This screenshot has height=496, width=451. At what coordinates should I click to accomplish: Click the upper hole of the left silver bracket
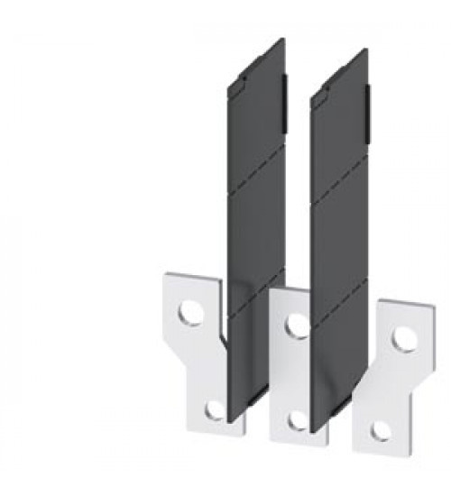(x=189, y=313)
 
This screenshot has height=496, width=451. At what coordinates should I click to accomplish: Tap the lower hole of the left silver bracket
(x=214, y=410)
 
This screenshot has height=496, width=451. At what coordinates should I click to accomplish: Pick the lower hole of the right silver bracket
(x=382, y=430)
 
